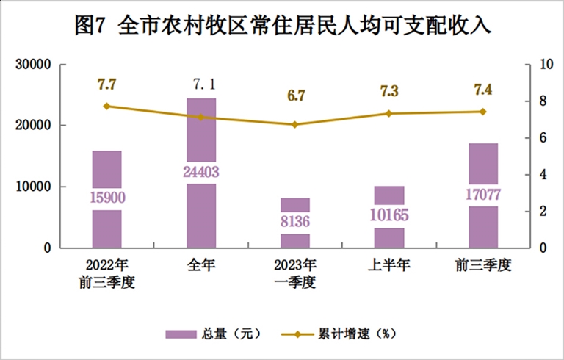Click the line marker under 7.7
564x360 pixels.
pyautogui.click(x=107, y=106)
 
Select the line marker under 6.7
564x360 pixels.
pyautogui.click(x=295, y=124)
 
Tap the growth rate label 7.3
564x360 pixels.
pyautogui.click(x=389, y=91)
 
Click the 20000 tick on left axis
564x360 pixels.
pyautogui.click(x=34, y=126)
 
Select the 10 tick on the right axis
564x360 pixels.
pyautogui.click(x=546, y=65)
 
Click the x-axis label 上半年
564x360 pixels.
pyautogui.click(x=389, y=265)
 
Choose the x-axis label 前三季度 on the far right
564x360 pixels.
pyautogui.click(x=483, y=265)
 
